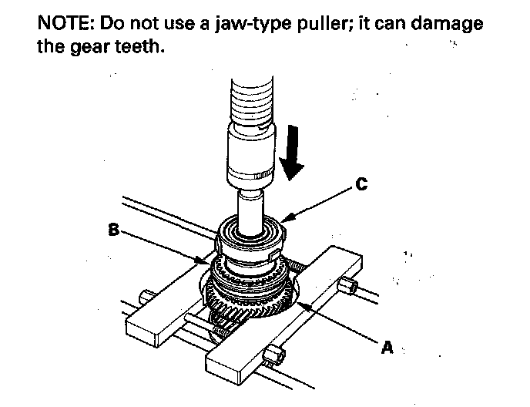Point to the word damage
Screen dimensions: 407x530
point(446,24)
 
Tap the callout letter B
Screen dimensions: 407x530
point(112,228)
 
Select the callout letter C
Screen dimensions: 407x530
point(361,184)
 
